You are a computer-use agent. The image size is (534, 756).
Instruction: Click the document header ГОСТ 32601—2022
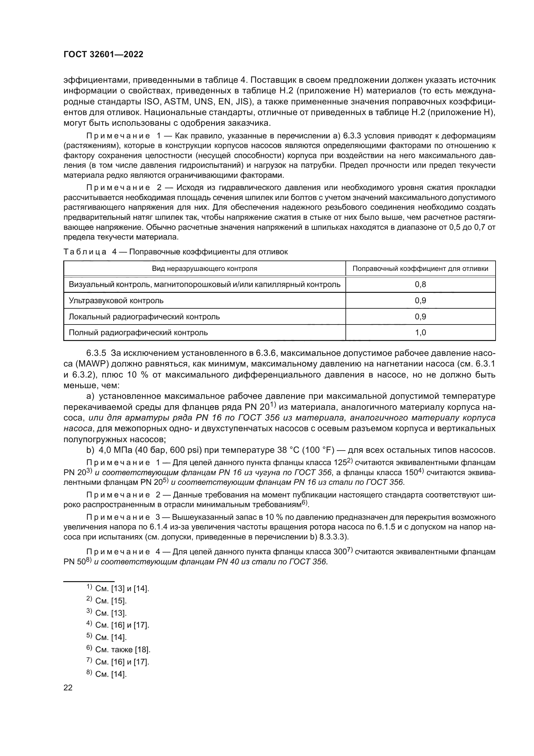point(103,55)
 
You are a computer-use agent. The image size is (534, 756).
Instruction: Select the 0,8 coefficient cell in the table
point(420,284)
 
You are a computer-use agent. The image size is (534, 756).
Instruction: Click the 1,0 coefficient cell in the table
point(420,333)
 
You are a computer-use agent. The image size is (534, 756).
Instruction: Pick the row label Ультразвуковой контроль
point(116,301)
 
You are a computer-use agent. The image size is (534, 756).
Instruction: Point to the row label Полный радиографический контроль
point(138,333)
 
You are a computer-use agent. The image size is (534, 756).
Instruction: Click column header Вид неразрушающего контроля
point(204,269)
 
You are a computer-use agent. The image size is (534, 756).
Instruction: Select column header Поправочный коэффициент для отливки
point(420,269)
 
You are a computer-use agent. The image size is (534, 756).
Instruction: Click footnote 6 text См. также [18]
point(122,650)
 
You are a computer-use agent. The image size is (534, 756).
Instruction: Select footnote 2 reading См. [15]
point(110,601)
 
